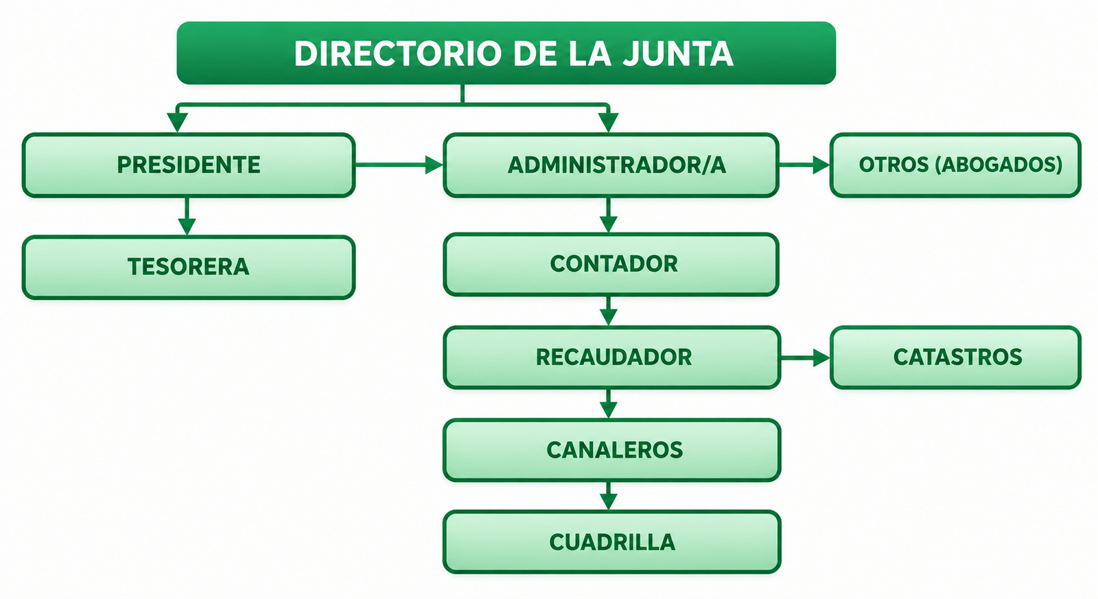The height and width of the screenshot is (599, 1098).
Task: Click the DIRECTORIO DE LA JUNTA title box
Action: pyautogui.click(x=506, y=53)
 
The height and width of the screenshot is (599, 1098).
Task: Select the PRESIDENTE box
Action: pyautogui.click(x=189, y=165)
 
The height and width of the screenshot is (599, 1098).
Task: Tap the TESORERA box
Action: pyautogui.click(x=189, y=267)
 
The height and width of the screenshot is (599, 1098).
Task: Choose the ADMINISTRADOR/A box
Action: pyautogui.click(x=611, y=165)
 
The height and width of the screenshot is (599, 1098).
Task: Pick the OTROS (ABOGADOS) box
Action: pyautogui.click(x=955, y=165)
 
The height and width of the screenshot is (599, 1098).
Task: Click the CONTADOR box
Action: pyautogui.click(x=611, y=265)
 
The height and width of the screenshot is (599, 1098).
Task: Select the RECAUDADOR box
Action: pyautogui.click(x=611, y=357)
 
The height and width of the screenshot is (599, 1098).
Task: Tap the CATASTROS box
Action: pyautogui.click(x=955, y=357)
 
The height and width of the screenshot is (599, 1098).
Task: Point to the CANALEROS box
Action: pyautogui.click(x=611, y=450)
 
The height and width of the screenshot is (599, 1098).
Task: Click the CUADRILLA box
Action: pyautogui.click(x=611, y=542)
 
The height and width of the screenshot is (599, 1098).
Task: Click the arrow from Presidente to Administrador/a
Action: pyautogui.click(x=399, y=165)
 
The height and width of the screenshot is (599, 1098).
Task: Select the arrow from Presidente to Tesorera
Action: pyautogui.click(x=187, y=216)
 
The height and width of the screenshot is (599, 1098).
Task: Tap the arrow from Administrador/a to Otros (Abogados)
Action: pyautogui.click(x=804, y=165)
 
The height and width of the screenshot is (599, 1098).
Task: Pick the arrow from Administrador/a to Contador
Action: pyautogui.click(x=608, y=215)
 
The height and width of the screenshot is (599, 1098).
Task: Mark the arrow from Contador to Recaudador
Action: pyautogui.click(x=608, y=311)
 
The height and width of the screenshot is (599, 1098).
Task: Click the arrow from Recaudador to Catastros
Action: pyautogui.click(x=806, y=358)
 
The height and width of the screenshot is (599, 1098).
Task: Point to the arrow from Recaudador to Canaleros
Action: pyautogui.click(x=608, y=403)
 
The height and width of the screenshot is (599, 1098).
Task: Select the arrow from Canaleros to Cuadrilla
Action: pyautogui.click(x=608, y=495)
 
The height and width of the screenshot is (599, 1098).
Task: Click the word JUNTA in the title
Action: pyautogui.click(x=678, y=54)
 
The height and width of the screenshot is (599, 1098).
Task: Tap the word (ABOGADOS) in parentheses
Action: pyautogui.click(x=998, y=165)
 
